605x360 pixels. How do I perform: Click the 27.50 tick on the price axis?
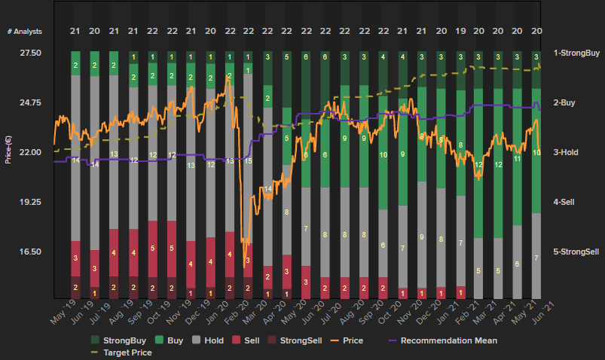(31, 53)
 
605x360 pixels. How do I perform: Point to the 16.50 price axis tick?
(31, 252)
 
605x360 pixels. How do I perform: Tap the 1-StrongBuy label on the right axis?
(577, 53)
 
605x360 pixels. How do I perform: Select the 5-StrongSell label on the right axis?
(577, 252)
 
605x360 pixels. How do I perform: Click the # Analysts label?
(25, 31)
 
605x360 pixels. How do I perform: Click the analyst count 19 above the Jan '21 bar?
(460, 31)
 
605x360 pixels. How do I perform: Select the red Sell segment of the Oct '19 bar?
(172, 248)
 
